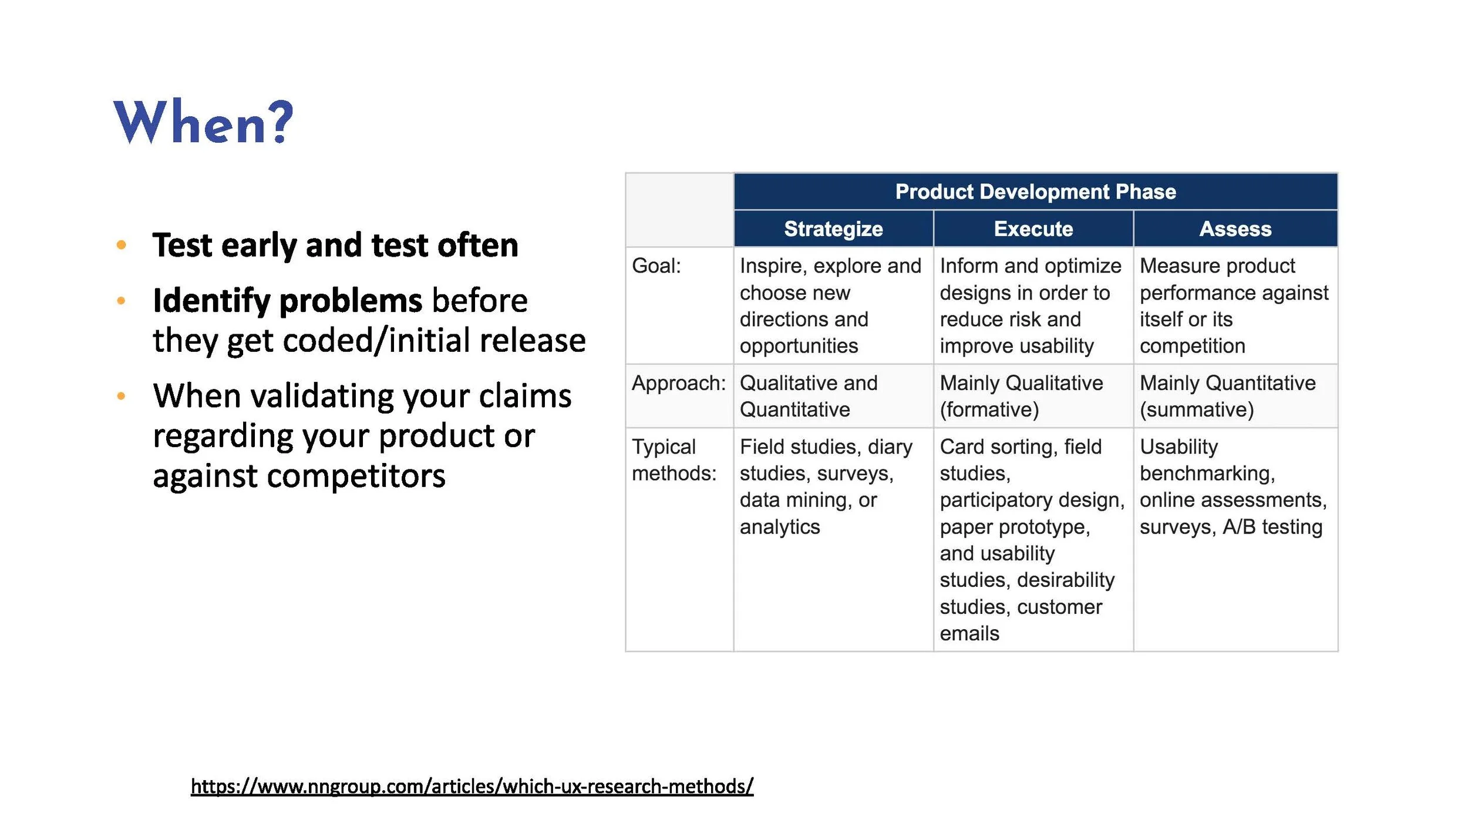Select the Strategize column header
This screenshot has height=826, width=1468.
coord(833,229)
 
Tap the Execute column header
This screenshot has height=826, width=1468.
coord(1033,229)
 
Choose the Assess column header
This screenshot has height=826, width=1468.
coord(1235,229)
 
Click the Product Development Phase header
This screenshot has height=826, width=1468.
coord(1035,192)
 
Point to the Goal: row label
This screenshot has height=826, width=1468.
coord(656,266)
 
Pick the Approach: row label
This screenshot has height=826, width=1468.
coord(678,383)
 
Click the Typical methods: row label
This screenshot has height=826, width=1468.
coord(674,460)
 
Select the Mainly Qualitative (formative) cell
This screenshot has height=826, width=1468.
coord(1021,396)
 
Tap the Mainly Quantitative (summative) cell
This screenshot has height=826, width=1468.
coord(1227,396)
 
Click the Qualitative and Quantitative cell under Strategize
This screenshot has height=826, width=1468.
coord(808,396)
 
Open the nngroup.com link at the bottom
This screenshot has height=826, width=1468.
coord(472,786)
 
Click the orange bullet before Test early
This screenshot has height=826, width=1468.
coord(122,245)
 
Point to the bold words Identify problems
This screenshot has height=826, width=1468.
coord(287,301)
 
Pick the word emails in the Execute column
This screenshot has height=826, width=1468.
coord(969,633)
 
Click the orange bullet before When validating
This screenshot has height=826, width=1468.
coord(122,396)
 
